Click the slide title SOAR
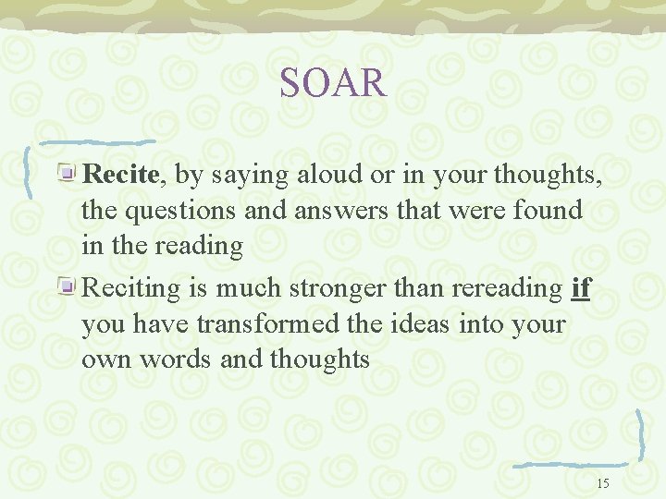pos(332,83)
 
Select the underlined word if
pos(581,288)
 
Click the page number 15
pos(603,483)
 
